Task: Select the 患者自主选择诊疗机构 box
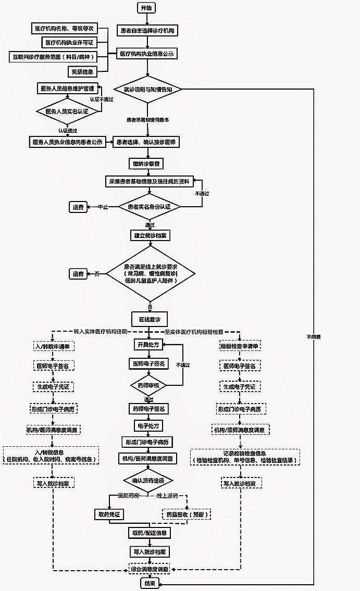[x=147, y=31]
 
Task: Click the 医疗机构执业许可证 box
[x=69, y=42]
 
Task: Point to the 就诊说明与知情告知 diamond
[x=147, y=90]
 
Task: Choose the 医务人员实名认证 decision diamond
[x=67, y=111]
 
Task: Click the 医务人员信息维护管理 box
[x=67, y=89]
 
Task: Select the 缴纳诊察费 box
[x=147, y=164]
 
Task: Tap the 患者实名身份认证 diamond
[x=148, y=207]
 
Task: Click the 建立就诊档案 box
[x=150, y=235]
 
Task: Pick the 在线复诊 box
[x=150, y=318]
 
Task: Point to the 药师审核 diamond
[x=148, y=386]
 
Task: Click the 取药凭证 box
[x=109, y=514]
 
